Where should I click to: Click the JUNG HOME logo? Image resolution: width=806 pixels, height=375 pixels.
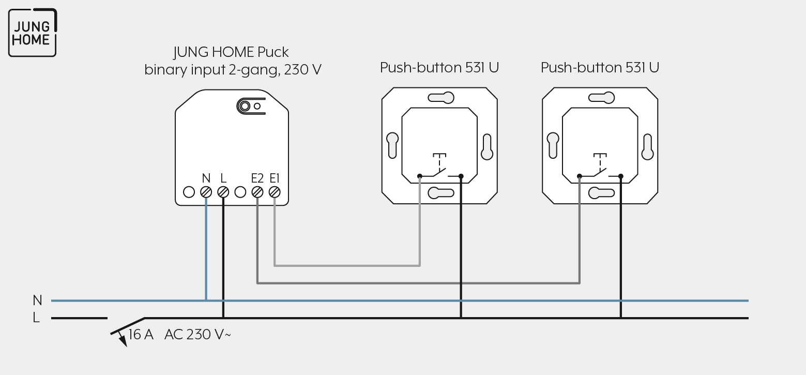33,33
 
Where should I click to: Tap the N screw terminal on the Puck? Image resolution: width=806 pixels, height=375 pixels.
206,192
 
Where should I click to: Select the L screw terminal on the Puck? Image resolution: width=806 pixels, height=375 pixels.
223,192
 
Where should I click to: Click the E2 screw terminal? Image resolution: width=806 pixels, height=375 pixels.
257,192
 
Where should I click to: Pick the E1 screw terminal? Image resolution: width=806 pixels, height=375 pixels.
275,192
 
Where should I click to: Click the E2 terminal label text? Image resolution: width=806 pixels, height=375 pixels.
257,178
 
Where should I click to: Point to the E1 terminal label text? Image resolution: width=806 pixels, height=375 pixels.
274,178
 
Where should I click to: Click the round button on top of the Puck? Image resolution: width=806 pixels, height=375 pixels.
245,106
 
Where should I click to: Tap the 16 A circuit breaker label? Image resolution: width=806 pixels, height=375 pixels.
141,334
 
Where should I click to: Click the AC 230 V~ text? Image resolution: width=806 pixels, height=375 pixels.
197,334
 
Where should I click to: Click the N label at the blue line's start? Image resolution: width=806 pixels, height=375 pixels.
37,300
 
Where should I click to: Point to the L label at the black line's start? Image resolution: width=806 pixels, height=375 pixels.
36,318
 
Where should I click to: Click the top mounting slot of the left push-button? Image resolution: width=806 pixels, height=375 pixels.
441,98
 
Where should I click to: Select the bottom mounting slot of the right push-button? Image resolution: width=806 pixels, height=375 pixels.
601,193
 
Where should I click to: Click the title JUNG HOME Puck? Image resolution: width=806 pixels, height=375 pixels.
231,53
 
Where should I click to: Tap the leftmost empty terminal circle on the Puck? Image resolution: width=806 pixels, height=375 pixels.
189,192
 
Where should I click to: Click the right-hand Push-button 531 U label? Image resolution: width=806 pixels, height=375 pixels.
600,68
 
